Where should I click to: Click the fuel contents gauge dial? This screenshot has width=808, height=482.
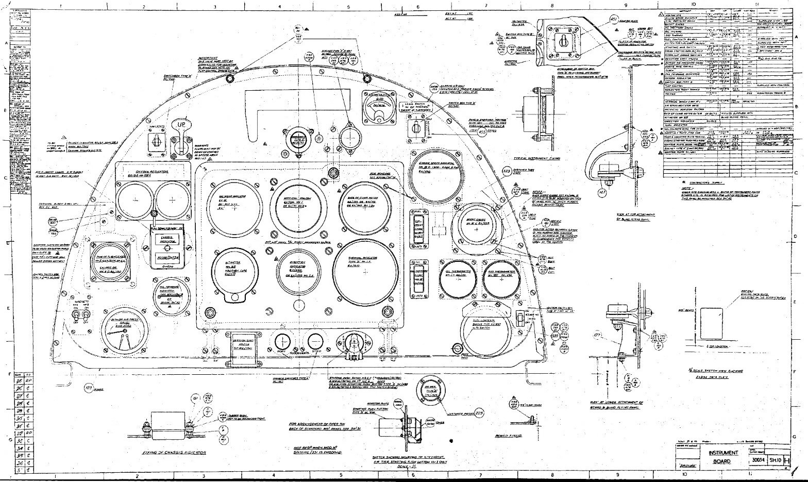point(486,334)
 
